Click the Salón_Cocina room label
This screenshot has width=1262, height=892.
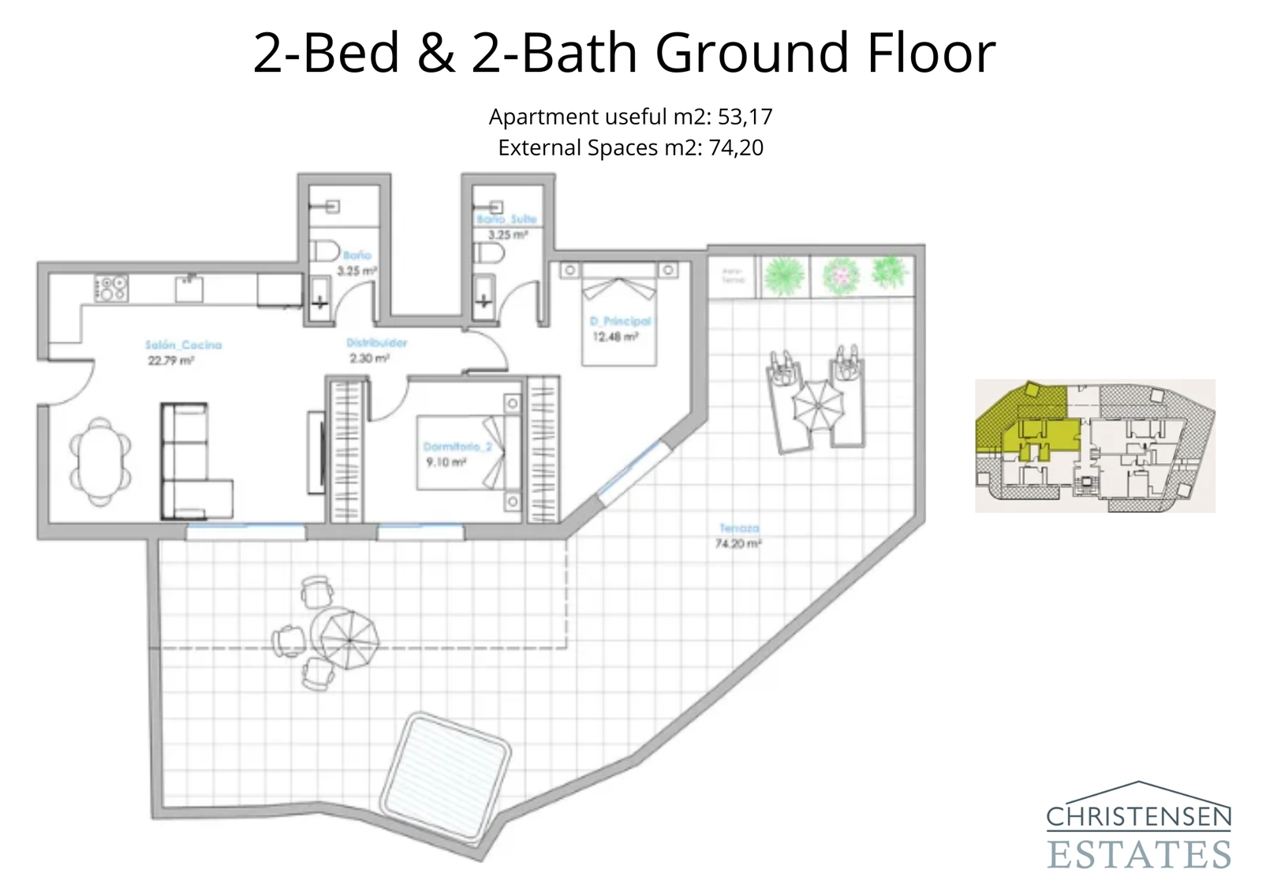(x=183, y=345)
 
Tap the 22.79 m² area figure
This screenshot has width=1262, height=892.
(x=170, y=361)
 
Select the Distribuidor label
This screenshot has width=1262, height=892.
(x=377, y=343)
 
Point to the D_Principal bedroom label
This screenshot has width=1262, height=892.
(x=620, y=321)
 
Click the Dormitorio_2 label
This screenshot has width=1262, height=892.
(x=457, y=446)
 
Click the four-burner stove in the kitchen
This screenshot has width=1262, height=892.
(x=111, y=288)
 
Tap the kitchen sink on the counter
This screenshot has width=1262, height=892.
(x=189, y=289)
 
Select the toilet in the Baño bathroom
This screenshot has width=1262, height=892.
(x=323, y=252)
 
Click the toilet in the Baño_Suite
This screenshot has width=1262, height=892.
(x=488, y=253)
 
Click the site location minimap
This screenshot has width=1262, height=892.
(x=1095, y=446)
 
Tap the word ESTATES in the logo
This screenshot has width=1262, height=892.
(x=1139, y=855)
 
